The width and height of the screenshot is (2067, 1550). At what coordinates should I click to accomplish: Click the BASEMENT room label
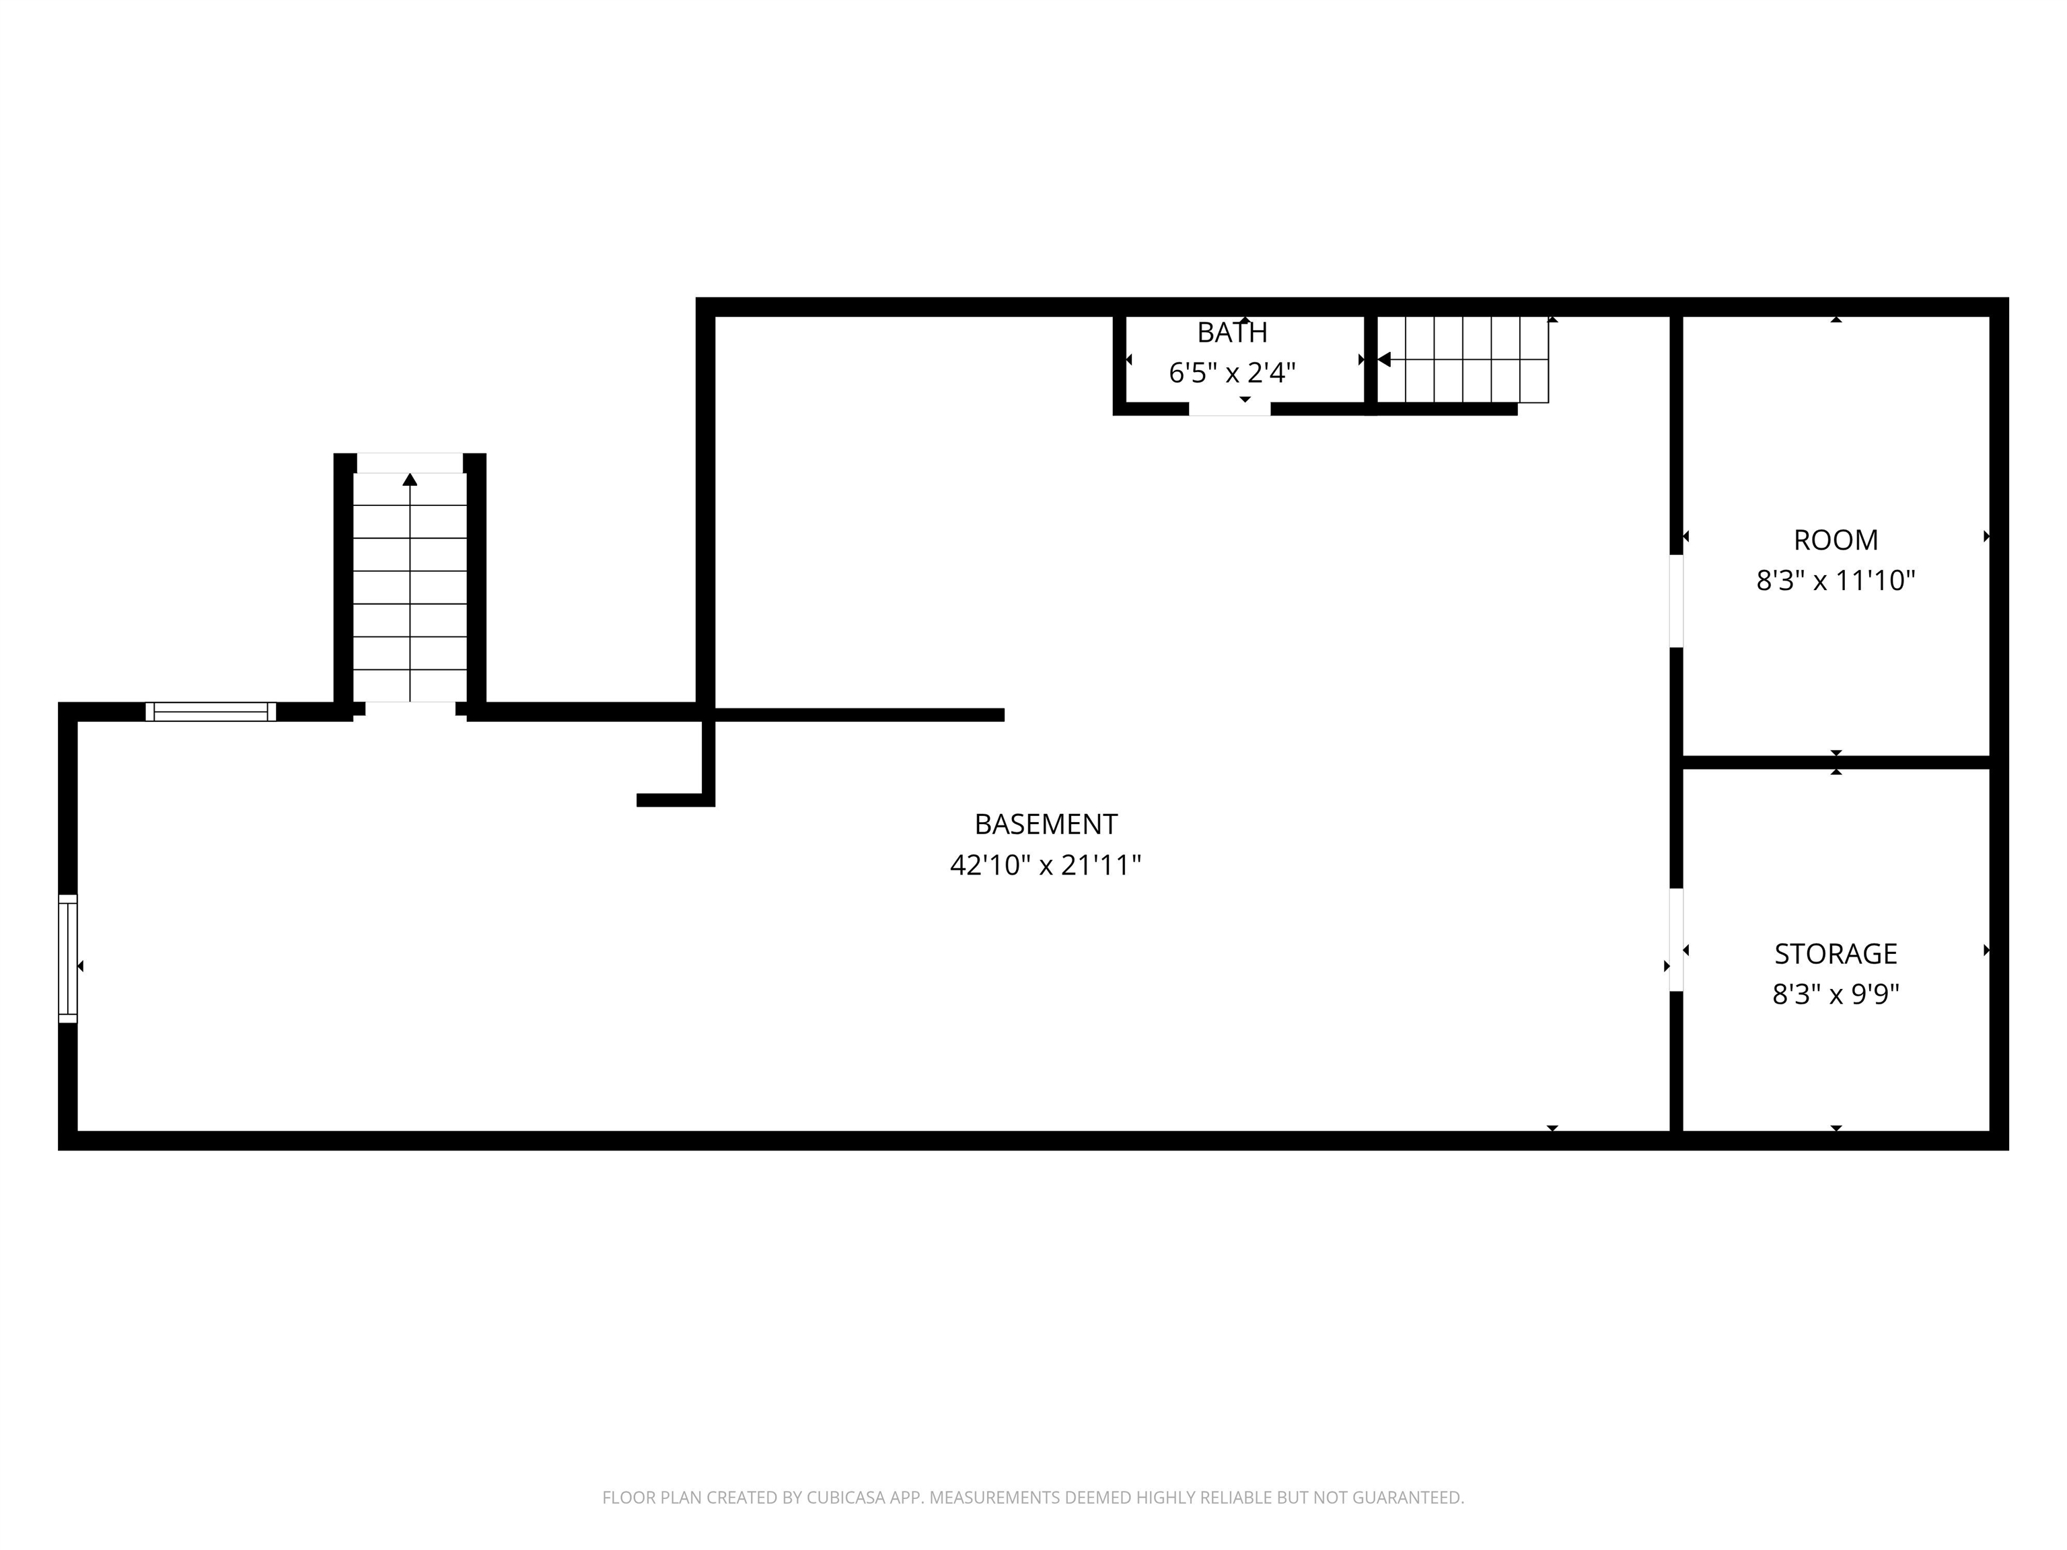point(1046,824)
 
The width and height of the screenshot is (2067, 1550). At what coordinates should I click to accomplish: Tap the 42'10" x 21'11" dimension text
point(1046,865)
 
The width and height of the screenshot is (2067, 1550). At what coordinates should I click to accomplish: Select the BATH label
point(1233,332)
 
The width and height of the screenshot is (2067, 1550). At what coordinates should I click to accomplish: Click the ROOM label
point(1836,540)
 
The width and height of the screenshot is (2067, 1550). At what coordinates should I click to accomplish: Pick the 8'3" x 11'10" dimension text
point(1836,581)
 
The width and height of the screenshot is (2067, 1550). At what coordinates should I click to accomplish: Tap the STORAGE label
point(1836,954)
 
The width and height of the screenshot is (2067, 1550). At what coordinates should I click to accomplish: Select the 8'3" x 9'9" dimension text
point(1836,995)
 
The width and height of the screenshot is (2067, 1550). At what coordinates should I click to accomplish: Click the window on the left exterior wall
point(68,959)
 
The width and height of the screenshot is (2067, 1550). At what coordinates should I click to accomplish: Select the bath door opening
point(1230,409)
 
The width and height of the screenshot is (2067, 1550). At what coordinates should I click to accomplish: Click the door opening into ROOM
point(1676,601)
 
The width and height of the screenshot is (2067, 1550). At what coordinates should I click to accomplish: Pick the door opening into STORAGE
point(1676,940)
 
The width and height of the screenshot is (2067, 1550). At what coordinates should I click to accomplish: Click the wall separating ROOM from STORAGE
point(1836,762)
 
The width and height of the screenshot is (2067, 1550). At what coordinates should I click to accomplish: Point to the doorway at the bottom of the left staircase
point(410,709)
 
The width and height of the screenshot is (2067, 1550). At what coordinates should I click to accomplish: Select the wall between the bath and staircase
point(1371,365)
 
